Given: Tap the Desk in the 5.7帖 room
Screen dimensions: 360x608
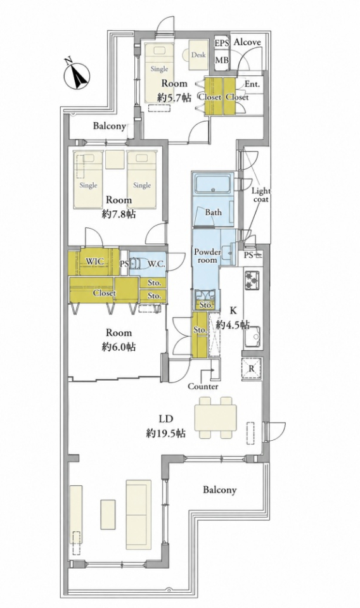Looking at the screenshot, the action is pyautogui.click(x=198, y=55).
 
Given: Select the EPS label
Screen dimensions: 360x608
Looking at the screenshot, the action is pyautogui.click(x=222, y=42).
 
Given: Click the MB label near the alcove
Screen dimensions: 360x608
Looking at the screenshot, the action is pyautogui.click(x=222, y=60).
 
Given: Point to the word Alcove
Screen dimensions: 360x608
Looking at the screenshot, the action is pyautogui.click(x=247, y=42).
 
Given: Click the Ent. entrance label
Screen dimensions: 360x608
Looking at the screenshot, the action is pyautogui.click(x=252, y=84).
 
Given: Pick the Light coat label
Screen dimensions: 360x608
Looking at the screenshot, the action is pyautogui.click(x=261, y=194).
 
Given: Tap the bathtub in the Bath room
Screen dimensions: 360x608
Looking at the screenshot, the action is pyautogui.click(x=212, y=184).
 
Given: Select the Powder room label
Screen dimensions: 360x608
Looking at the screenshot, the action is pyautogui.click(x=207, y=256).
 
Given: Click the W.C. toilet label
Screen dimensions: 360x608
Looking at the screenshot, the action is pyautogui.click(x=157, y=265).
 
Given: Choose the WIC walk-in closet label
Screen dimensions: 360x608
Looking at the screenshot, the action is pyautogui.click(x=94, y=262).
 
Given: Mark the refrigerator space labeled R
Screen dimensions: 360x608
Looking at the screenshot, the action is pyautogui.click(x=252, y=369).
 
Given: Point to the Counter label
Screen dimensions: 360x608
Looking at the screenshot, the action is pyautogui.click(x=203, y=386).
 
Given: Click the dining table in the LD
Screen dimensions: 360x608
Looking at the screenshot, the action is pyautogui.click(x=215, y=417).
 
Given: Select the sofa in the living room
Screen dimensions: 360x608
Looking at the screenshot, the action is pyautogui.click(x=139, y=515).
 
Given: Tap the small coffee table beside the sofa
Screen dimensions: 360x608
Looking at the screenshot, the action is pyautogui.click(x=108, y=514).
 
